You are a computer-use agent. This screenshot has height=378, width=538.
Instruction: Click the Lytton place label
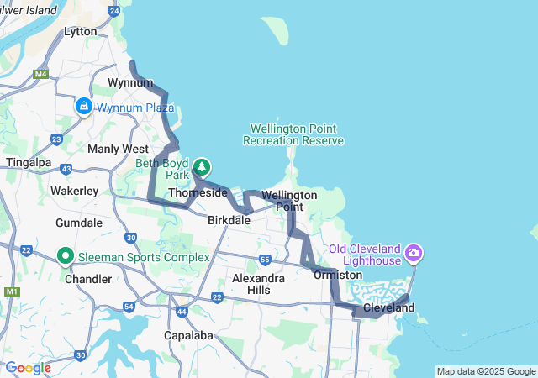pos(81,31)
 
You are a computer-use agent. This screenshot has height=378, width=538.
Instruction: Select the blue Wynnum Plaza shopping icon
pos(84,107)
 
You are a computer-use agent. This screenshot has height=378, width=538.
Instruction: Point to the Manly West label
pos(118,149)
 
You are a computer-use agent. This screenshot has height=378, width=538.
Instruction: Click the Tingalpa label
pos(29,161)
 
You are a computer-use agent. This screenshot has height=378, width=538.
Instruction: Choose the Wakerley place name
pos(74,191)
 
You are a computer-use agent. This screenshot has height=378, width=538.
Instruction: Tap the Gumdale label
pos(78,223)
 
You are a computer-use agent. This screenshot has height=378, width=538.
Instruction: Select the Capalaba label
pos(187,335)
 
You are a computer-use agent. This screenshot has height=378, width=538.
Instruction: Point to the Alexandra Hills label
pos(258,283)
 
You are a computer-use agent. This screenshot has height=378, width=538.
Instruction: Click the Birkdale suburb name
pos(229,220)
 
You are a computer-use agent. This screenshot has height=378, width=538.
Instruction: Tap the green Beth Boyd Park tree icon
pos(202,166)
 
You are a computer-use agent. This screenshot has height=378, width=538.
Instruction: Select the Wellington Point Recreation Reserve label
pos(293,134)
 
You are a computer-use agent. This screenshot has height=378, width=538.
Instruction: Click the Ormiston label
pos(337,275)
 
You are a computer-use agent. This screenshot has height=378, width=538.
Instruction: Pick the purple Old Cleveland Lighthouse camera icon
pos(414,252)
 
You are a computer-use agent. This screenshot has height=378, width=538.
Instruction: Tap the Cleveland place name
pos(389,308)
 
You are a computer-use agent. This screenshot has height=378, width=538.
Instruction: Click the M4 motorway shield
pos(40,74)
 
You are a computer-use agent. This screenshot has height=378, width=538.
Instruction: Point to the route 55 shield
pos(265,259)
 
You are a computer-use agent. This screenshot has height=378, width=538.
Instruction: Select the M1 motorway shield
pos(11,291)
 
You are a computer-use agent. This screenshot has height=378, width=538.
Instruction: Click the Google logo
pos(28,368)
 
